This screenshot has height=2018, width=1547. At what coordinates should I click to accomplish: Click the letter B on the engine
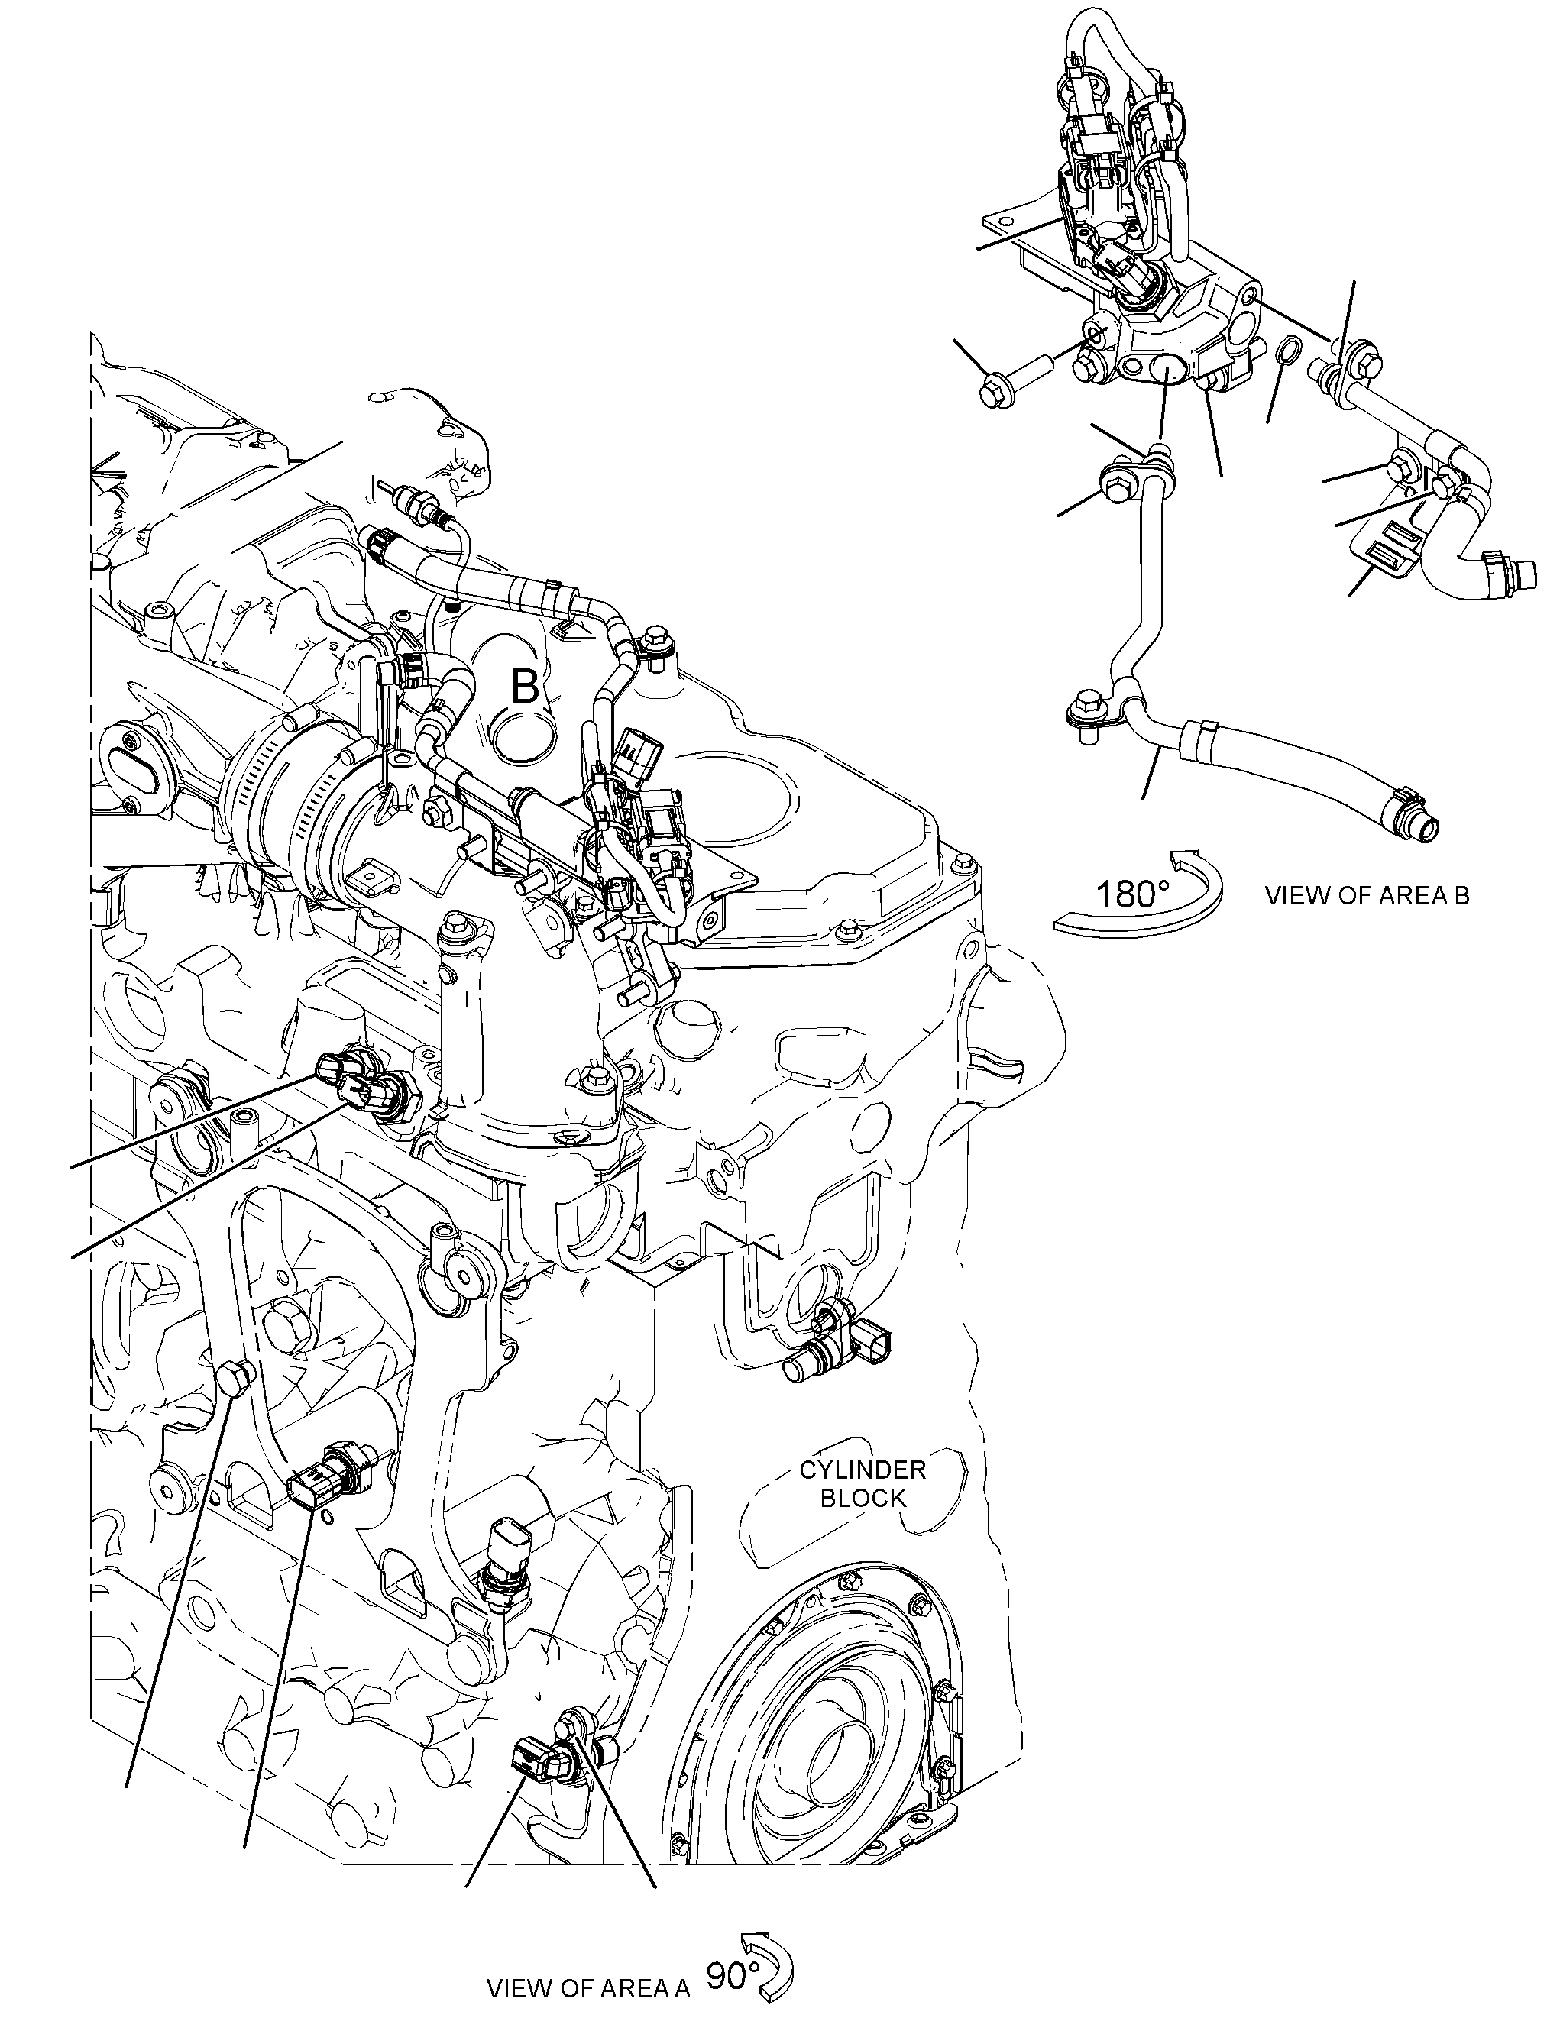(525, 687)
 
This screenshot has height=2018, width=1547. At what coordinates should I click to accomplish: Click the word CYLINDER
(863, 1470)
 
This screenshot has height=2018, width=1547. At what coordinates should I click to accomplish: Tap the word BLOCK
(863, 1499)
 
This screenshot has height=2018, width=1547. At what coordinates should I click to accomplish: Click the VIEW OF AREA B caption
(1367, 896)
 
